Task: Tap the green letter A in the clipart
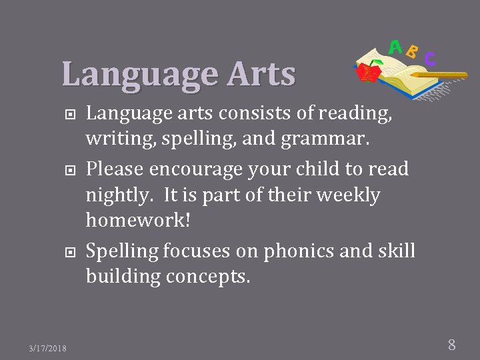click(x=395, y=47)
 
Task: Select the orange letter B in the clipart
click(x=412, y=51)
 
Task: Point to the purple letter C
click(x=430, y=59)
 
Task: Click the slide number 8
click(x=451, y=345)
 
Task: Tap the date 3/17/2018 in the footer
click(x=47, y=348)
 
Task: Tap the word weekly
click(x=346, y=195)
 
